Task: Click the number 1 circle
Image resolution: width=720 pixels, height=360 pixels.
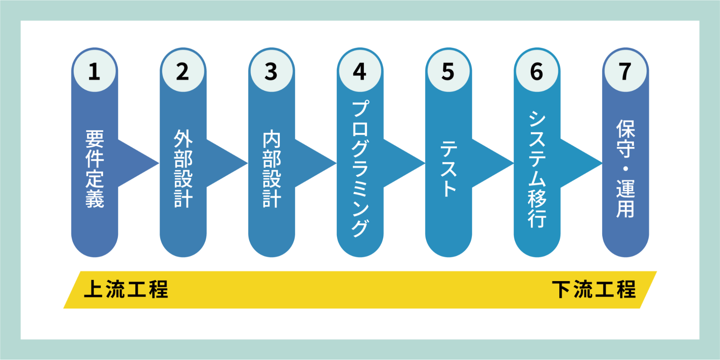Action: pyautogui.click(x=95, y=71)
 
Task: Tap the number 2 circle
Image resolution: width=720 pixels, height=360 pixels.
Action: pyautogui.click(x=183, y=71)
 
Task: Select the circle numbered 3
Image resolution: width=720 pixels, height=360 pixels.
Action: pyautogui.click(x=272, y=71)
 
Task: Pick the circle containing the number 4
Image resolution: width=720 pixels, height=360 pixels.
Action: pyautogui.click(x=360, y=71)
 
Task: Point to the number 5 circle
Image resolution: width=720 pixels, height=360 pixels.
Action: pyautogui.click(x=448, y=71)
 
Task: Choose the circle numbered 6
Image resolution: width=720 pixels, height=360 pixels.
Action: pyautogui.click(x=537, y=71)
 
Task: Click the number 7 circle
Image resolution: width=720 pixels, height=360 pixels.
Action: pyautogui.click(x=626, y=71)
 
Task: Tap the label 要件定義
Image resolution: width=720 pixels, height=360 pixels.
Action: pyautogui.click(x=95, y=169)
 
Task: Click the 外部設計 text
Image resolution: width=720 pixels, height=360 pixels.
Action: pyautogui.click(x=183, y=169)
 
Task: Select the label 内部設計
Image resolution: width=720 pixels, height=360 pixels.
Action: pyautogui.click(x=272, y=169)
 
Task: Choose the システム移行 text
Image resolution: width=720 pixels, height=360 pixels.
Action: pyautogui.click(x=537, y=169)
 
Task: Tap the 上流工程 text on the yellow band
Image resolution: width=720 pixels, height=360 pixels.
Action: pyautogui.click(x=126, y=289)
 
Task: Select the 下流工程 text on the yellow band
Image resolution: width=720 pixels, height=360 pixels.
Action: pyautogui.click(x=594, y=289)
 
